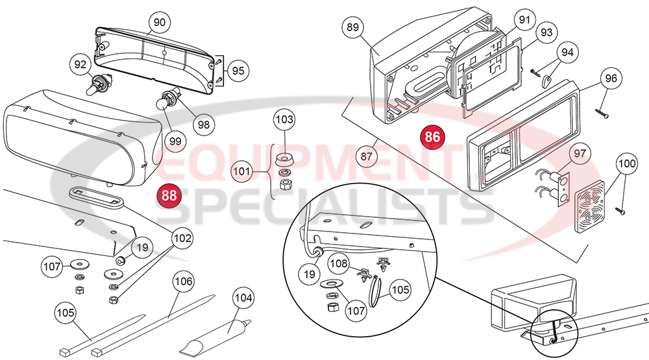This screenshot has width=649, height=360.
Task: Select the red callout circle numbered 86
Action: (432, 137)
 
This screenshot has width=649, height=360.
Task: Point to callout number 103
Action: (284, 120)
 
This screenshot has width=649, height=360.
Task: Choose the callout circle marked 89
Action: (353, 27)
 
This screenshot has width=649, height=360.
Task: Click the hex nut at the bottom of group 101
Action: (284, 185)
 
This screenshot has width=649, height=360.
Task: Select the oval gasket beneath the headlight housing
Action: (94, 197)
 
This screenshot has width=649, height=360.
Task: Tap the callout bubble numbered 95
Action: (238, 71)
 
